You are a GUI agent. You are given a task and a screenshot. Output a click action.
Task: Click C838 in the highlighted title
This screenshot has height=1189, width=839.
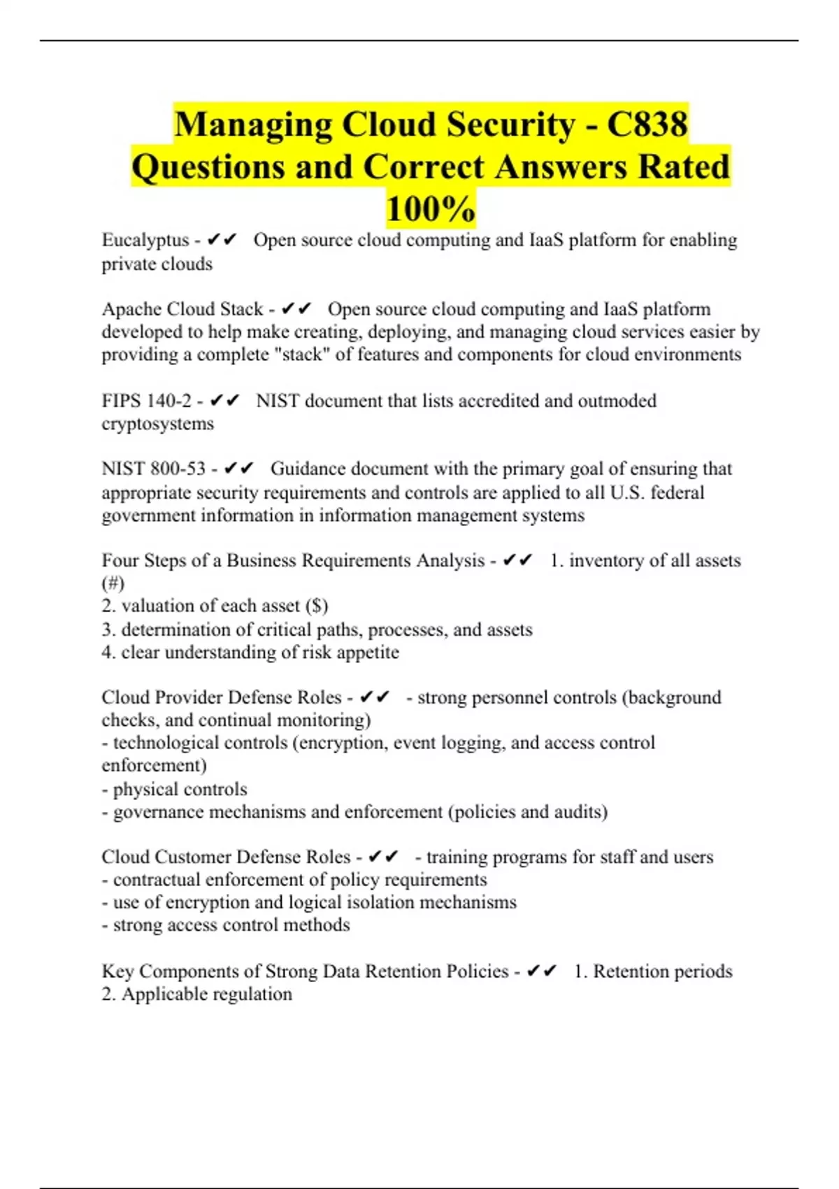pyautogui.click(x=647, y=124)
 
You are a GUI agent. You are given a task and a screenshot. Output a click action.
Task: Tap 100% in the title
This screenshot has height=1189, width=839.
pyautogui.click(x=431, y=208)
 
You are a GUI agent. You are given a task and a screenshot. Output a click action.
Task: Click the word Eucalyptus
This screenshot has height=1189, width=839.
pyautogui.click(x=145, y=240)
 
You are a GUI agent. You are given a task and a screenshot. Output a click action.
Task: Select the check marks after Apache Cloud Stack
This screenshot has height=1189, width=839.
pyautogui.click(x=296, y=308)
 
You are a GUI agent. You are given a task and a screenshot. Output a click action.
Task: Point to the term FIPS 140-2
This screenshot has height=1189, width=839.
pyautogui.click(x=146, y=401)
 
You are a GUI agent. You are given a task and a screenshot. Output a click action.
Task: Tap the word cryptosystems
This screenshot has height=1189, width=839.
pyautogui.click(x=157, y=424)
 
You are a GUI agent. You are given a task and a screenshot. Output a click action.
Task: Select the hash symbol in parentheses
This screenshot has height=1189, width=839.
pyautogui.click(x=113, y=583)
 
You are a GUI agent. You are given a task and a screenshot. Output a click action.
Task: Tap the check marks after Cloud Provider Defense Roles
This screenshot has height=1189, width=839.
pyautogui.click(x=374, y=697)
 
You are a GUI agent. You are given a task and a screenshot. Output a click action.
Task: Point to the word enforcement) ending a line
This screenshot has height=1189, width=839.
pyautogui.click(x=154, y=765)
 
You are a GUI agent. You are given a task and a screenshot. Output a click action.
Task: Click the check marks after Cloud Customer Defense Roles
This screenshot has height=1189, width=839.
pyautogui.click(x=383, y=857)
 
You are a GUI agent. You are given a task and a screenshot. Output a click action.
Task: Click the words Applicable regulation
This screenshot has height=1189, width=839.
pyautogui.click(x=207, y=994)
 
